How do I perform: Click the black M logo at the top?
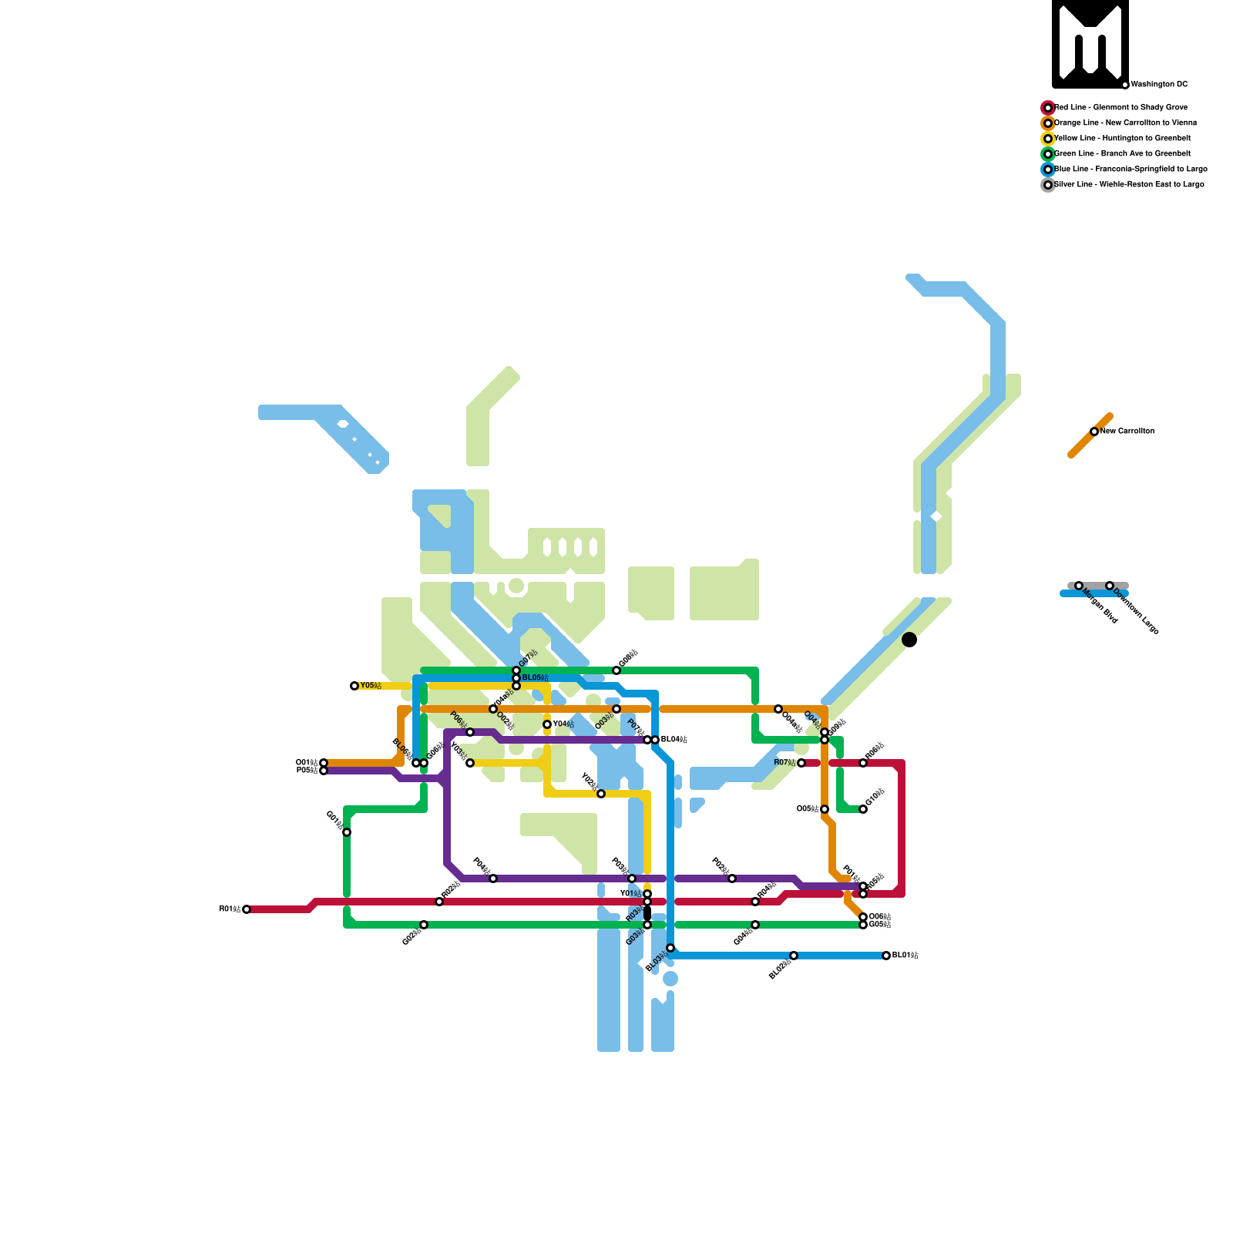(1090, 44)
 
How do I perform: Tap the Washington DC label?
(1159, 85)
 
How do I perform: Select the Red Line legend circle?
(1048, 108)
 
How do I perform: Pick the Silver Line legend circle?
(1048, 185)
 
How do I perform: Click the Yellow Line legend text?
(1122, 139)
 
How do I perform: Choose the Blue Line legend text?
(1131, 170)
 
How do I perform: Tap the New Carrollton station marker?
(1094, 432)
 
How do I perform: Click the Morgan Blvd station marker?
(1079, 586)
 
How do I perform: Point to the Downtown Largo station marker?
(1110, 586)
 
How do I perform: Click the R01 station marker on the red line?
(247, 909)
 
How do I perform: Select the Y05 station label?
(371, 686)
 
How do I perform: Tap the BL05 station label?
(536, 678)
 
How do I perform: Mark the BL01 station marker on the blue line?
(886, 956)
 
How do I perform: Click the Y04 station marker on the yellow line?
(547, 724)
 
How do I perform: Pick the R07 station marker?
(801, 763)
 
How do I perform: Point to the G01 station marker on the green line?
(347, 832)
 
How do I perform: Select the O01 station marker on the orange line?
(324, 763)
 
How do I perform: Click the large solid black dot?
(909, 640)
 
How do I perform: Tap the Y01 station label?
(631, 894)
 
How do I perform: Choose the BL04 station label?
(674, 740)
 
